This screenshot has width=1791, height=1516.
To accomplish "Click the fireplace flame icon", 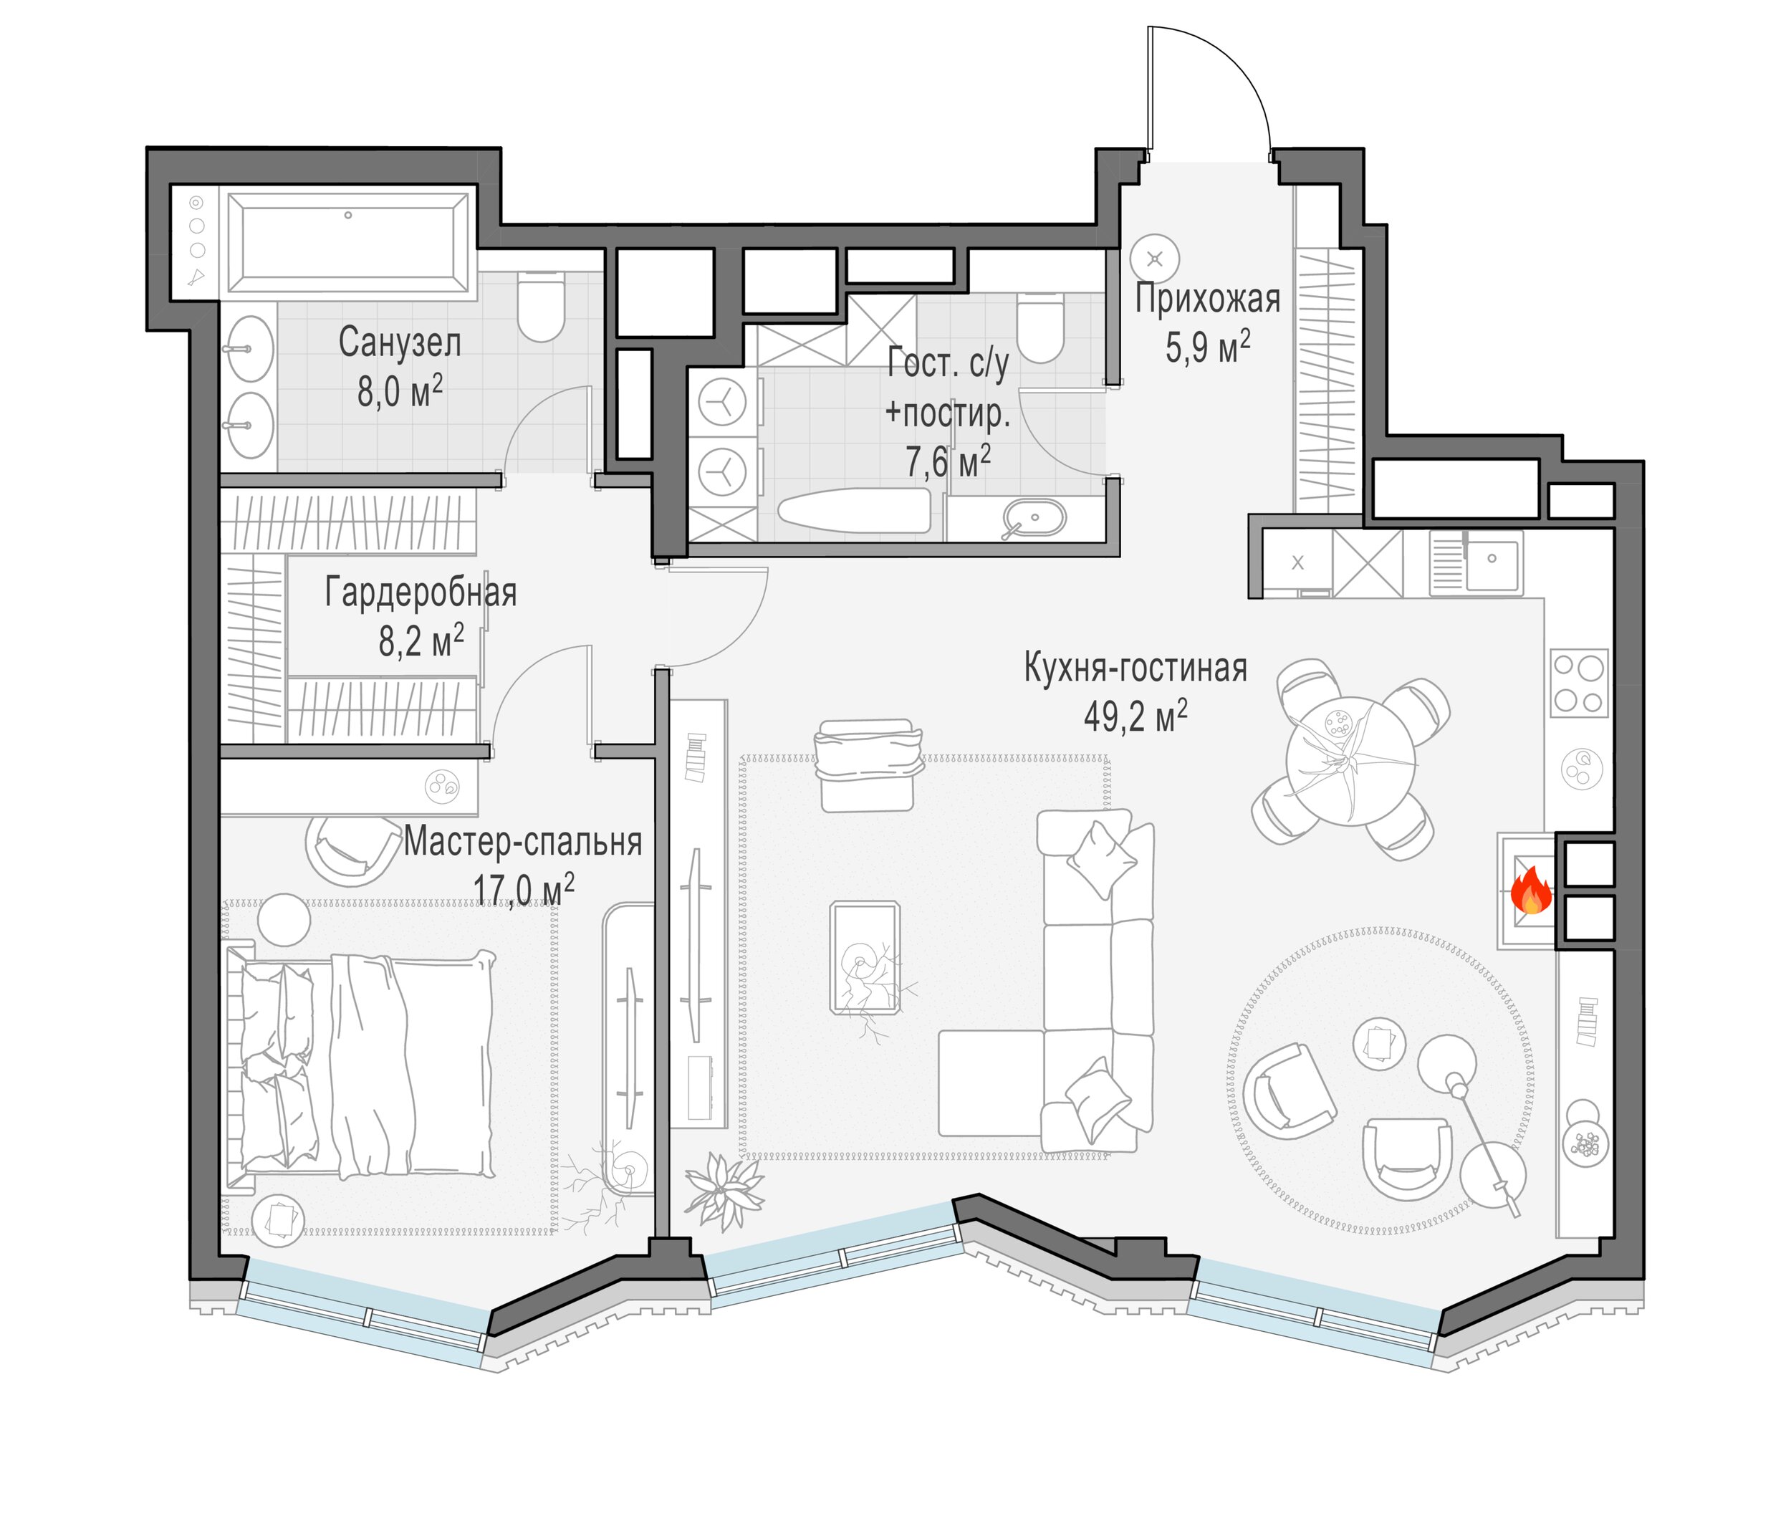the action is [x=1531, y=891].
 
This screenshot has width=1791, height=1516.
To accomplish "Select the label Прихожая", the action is [x=1207, y=298].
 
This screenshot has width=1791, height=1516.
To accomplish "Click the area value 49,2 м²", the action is [x=1135, y=715].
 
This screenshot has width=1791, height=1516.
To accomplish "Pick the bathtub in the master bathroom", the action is [x=348, y=243].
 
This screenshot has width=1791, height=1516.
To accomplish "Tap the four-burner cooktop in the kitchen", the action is [x=1579, y=683].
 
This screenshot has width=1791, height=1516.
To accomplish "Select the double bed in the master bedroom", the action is [x=361, y=1065].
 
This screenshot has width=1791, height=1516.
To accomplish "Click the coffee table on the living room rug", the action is [x=865, y=957].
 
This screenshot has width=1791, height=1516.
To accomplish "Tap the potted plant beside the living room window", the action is [x=724, y=1189].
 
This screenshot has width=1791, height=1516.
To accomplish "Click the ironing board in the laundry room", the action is [x=853, y=512].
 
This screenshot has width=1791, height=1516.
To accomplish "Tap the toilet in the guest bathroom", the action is [x=1040, y=327].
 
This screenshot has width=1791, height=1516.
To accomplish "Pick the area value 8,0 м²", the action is [x=400, y=391].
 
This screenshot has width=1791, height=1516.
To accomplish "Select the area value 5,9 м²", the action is [x=1207, y=347].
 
